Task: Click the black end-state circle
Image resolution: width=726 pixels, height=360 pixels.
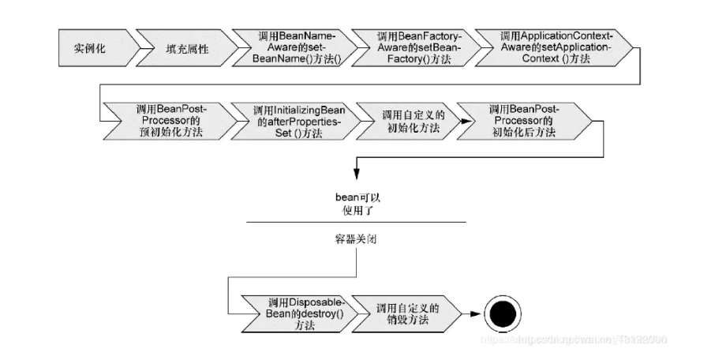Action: point(500,315)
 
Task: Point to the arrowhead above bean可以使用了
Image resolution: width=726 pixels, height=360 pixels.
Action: point(357,173)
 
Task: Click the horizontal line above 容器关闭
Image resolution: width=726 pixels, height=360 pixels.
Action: point(355,223)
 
